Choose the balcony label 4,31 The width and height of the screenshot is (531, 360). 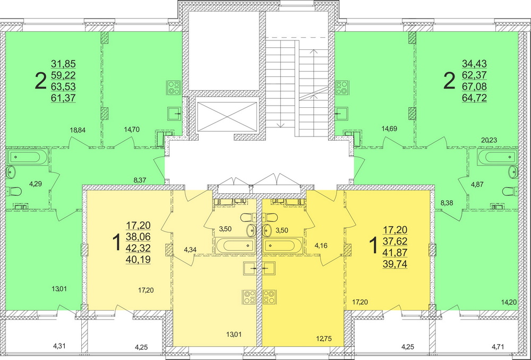tap(59, 347)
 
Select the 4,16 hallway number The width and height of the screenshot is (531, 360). tap(322, 246)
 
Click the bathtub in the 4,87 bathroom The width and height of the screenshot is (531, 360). tap(496, 157)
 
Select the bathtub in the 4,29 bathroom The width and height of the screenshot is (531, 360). tap(28, 157)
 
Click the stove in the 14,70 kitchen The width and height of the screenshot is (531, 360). tap(174, 86)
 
